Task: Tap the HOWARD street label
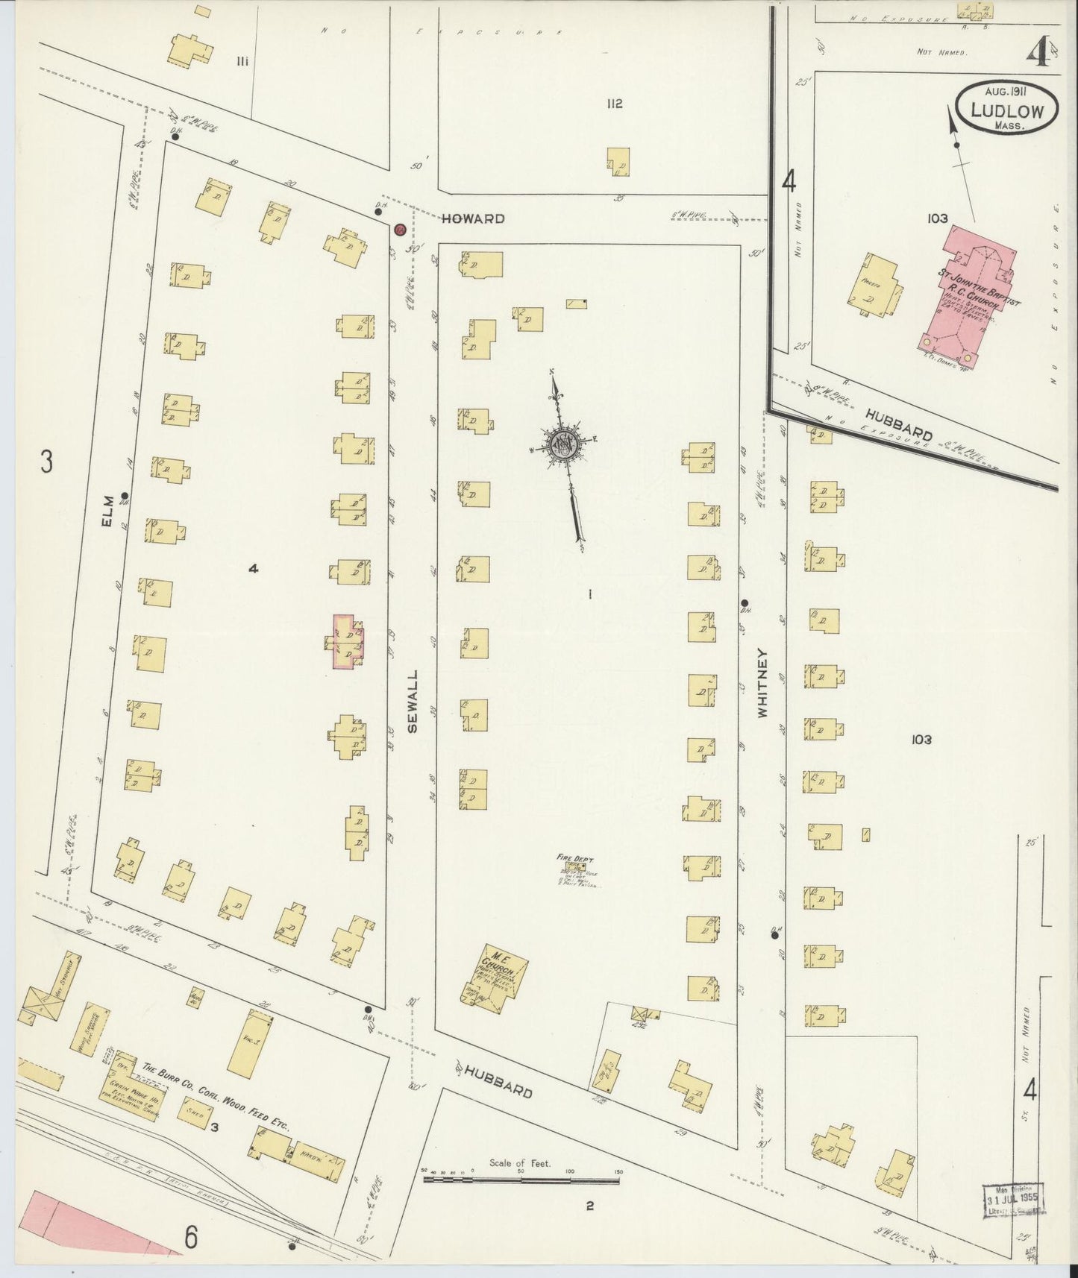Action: (x=472, y=219)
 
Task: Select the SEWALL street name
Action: (x=413, y=700)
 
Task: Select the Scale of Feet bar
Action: (x=522, y=1180)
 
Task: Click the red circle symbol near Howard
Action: (x=399, y=230)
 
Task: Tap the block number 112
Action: (x=614, y=104)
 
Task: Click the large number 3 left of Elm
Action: (x=46, y=463)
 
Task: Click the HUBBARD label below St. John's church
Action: (x=900, y=423)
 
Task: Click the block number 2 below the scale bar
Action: (x=589, y=1204)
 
